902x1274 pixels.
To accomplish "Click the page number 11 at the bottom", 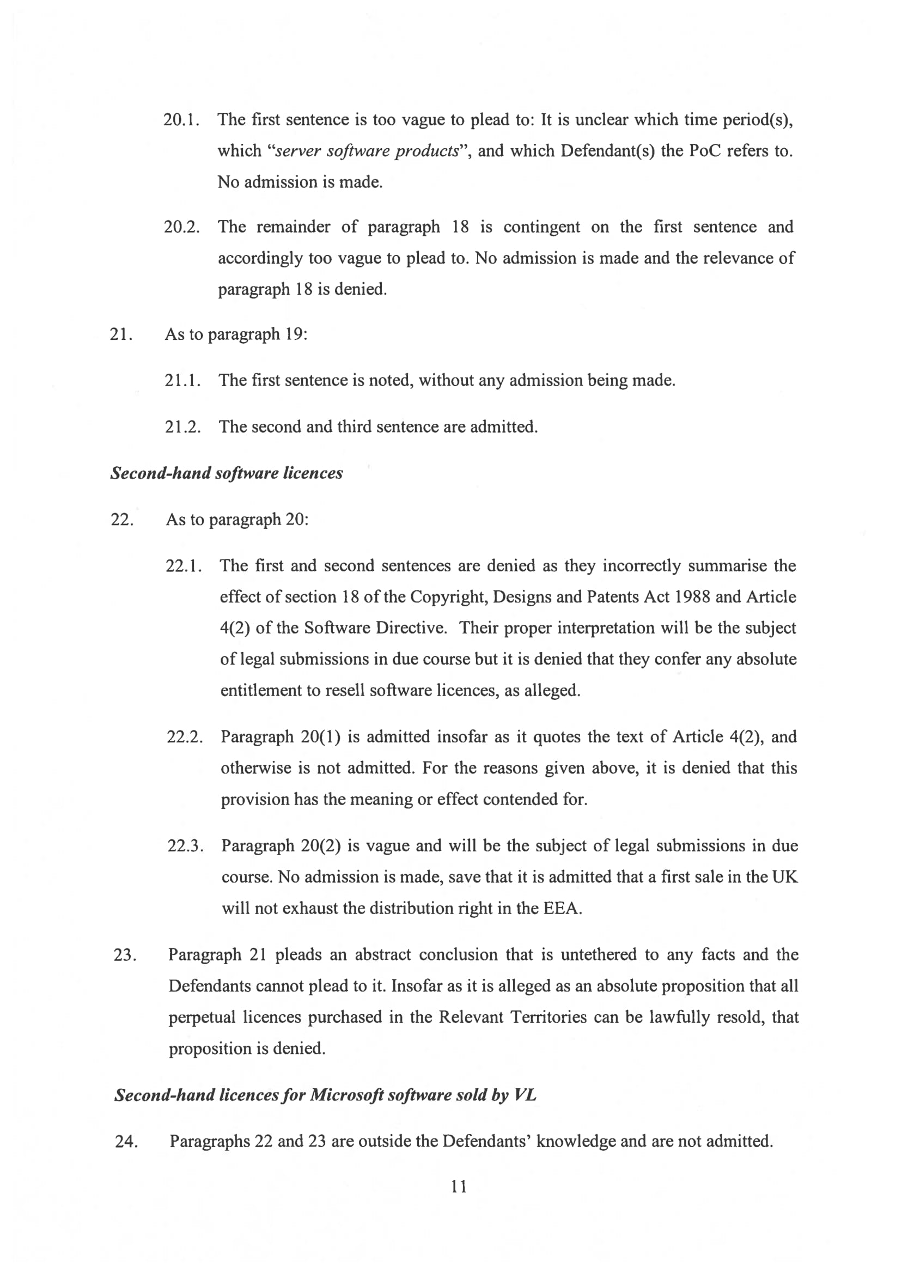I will point(459,1187).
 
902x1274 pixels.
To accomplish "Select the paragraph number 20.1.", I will point(181,120).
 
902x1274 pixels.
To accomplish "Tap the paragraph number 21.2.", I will point(182,426).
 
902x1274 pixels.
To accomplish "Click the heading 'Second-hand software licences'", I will point(227,473).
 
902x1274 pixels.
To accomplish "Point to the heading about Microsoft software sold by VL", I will point(325,1095).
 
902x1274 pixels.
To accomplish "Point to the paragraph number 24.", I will point(126,1141).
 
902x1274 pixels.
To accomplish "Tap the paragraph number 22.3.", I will point(186,846).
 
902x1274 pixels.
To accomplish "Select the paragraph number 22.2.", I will point(185,737).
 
